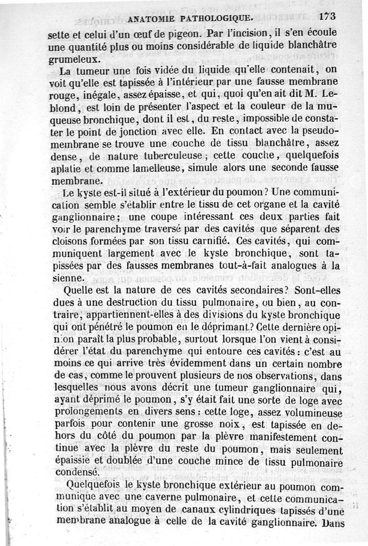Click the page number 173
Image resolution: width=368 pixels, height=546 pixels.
coord(327,16)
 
